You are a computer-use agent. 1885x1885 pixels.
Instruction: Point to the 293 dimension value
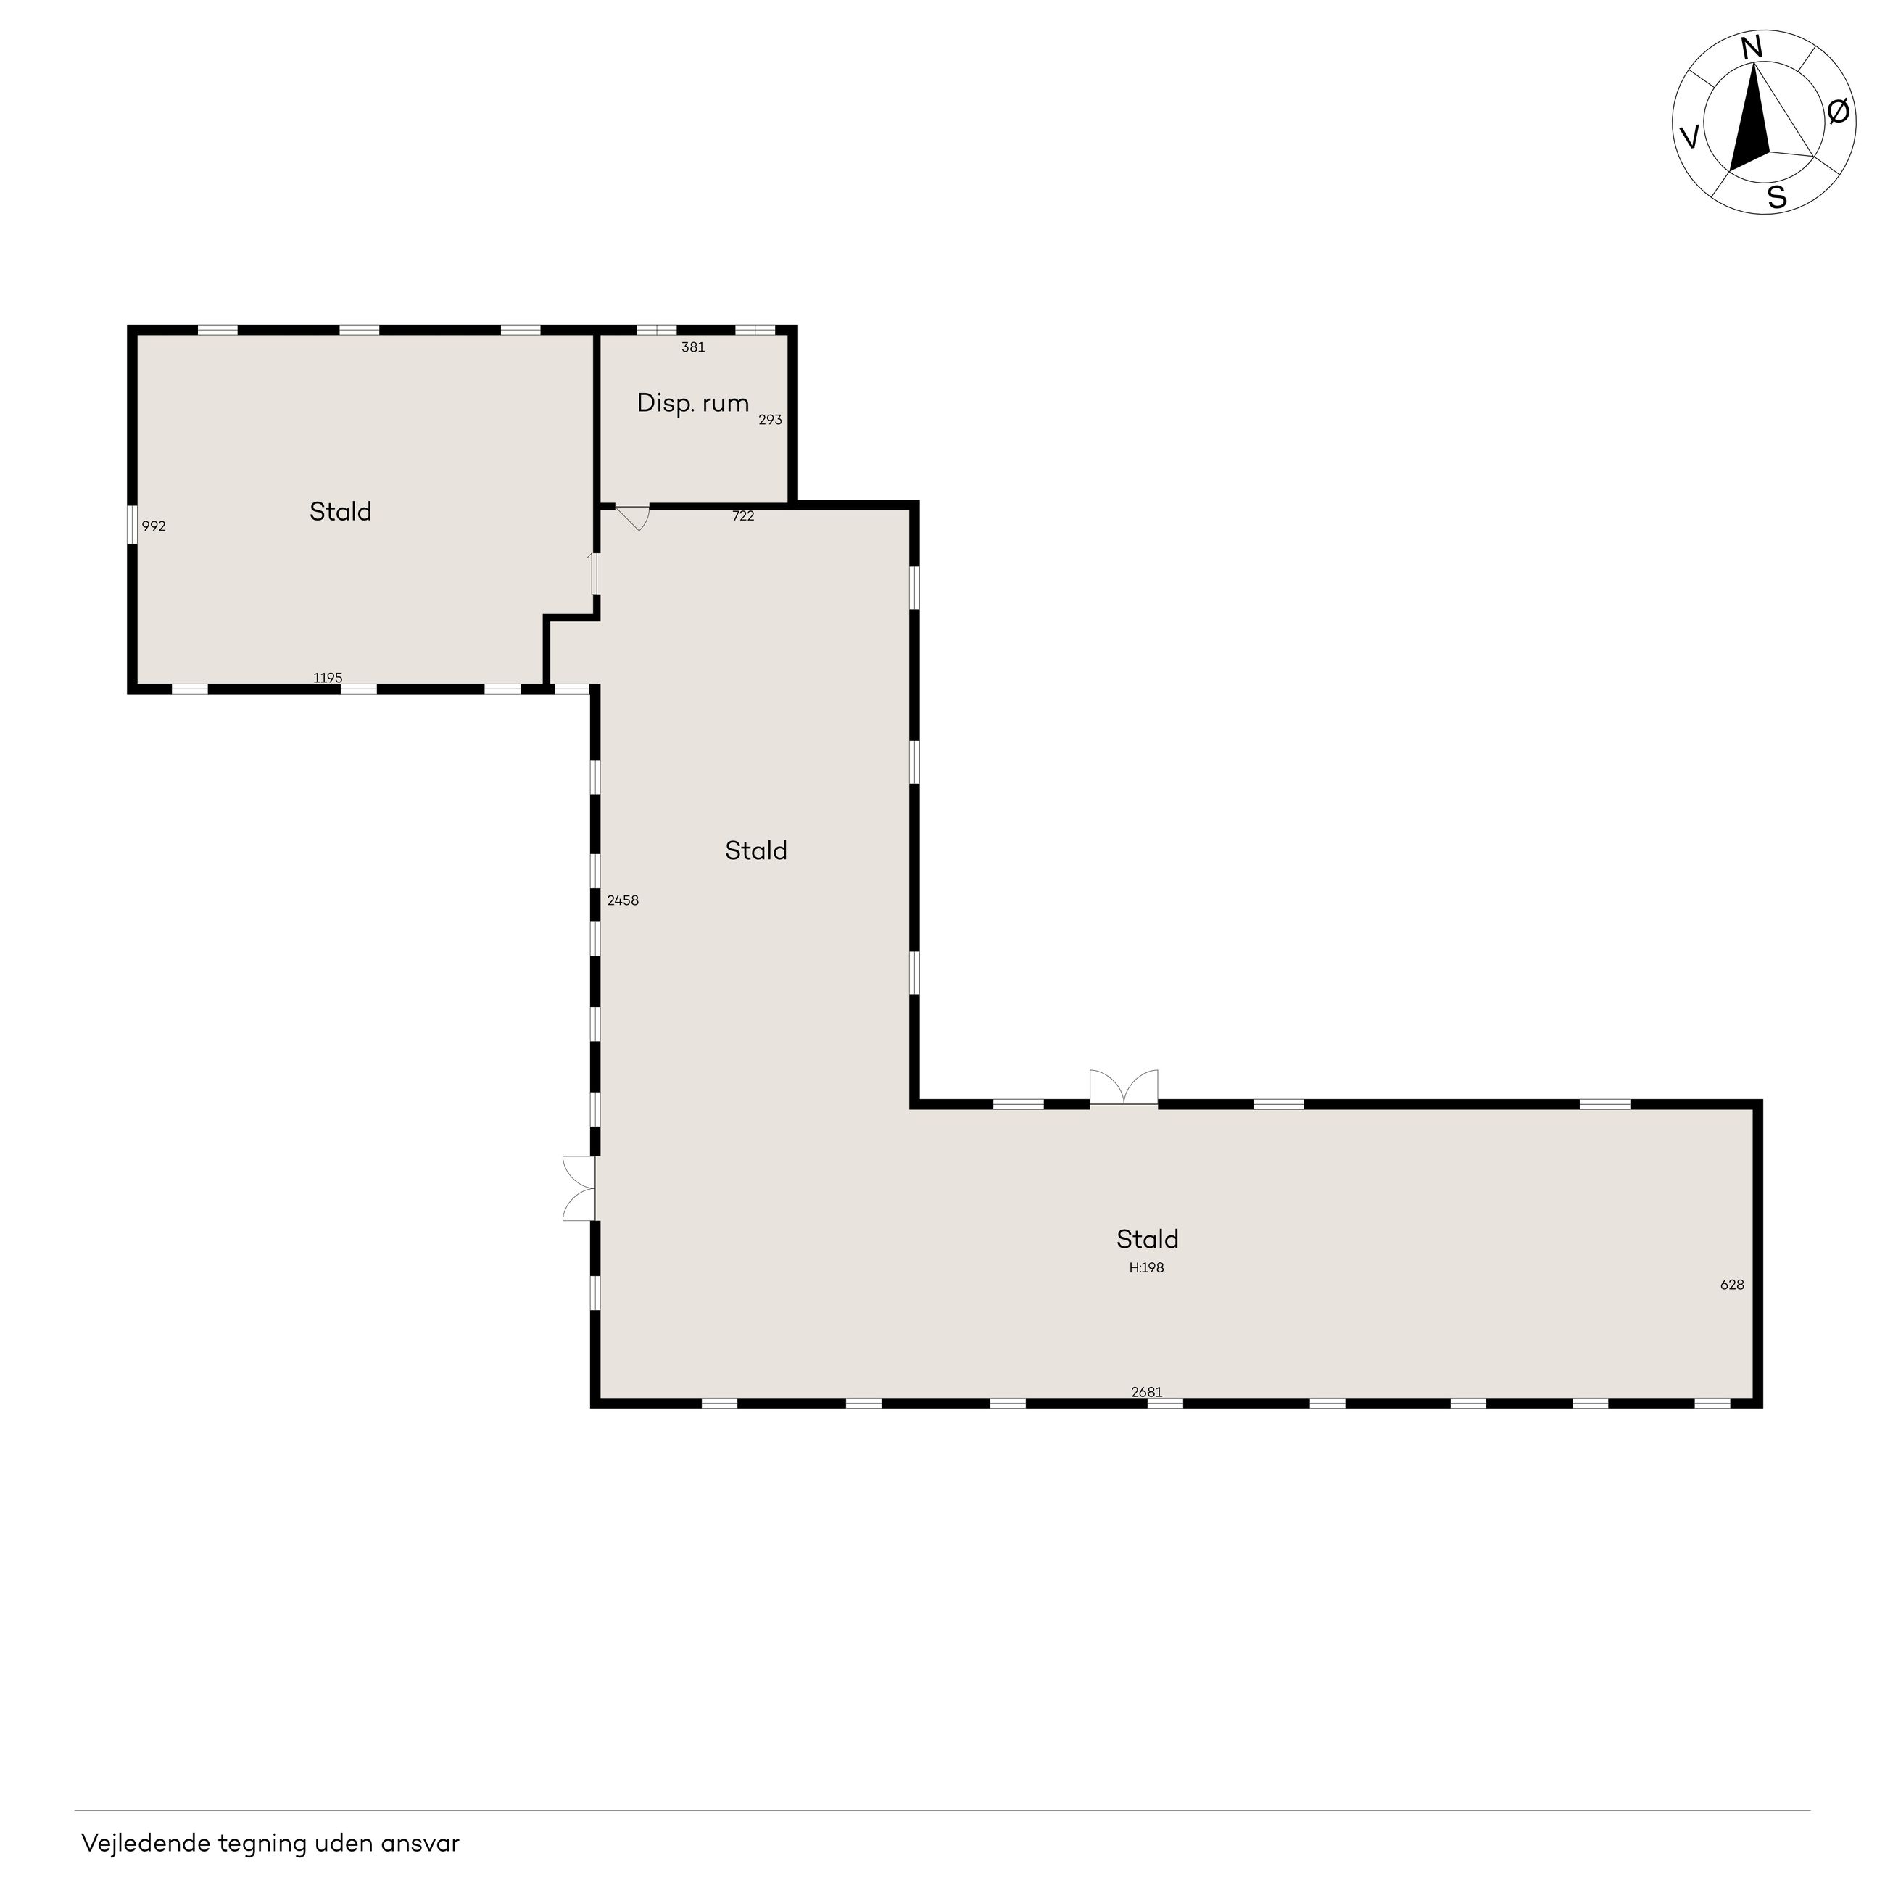point(771,420)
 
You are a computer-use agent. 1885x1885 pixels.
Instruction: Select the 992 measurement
point(154,526)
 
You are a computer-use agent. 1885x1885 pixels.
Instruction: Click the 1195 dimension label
point(328,677)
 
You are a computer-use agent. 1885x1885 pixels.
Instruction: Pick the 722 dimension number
point(743,516)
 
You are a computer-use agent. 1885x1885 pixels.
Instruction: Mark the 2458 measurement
point(623,900)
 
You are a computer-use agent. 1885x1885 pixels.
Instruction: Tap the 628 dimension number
point(1732,1285)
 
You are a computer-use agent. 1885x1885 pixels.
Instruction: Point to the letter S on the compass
point(1778,198)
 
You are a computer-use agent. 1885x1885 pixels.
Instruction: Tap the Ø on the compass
point(1837,112)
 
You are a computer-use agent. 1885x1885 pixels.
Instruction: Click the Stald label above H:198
point(1148,1239)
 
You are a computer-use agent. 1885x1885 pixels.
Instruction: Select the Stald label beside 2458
point(756,850)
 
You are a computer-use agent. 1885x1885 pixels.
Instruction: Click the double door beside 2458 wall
point(579,1188)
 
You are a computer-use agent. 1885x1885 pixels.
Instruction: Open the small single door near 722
point(633,517)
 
